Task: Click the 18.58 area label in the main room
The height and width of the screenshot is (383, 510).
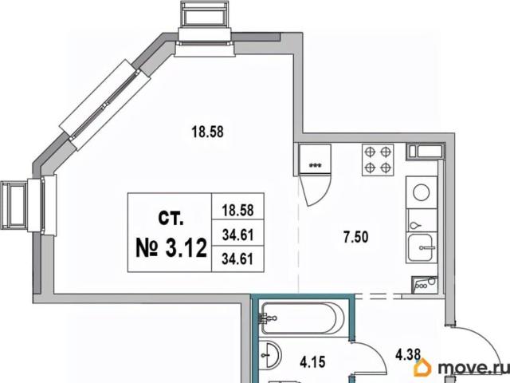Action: [x=207, y=132]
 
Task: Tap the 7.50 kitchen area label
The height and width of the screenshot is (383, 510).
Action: [x=356, y=237]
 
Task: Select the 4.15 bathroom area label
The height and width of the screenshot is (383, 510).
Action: [x=312, y=362]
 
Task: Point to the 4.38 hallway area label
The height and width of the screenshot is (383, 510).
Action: [x=408, y=354]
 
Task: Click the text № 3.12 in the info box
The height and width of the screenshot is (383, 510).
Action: [x=171, y=248]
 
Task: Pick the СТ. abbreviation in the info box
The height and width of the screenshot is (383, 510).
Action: [x=171, y=218]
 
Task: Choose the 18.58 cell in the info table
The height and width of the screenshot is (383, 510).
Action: [x=237, y=211]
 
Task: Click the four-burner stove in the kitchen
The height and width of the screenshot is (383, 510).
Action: [x=378, y=160]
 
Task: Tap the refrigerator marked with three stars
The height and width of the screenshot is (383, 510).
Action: [x=315, y=159]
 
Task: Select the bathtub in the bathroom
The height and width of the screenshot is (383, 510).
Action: [x=303, y=318]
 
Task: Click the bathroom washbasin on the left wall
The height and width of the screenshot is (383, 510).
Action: [x=270, y=355]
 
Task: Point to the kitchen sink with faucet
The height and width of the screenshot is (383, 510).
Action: [x=421, y=248]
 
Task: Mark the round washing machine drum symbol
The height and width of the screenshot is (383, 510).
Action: [x=422, y=192]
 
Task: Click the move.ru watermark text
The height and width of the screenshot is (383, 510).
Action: [x=473, y=368]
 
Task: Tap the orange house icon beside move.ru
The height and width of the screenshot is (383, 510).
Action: [x=422, y=367]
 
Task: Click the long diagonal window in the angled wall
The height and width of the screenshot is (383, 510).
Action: [x=105, y=105]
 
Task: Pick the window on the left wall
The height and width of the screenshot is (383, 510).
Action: [x=29, y=204]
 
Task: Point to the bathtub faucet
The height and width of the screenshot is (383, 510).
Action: [x=267, y=318]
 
